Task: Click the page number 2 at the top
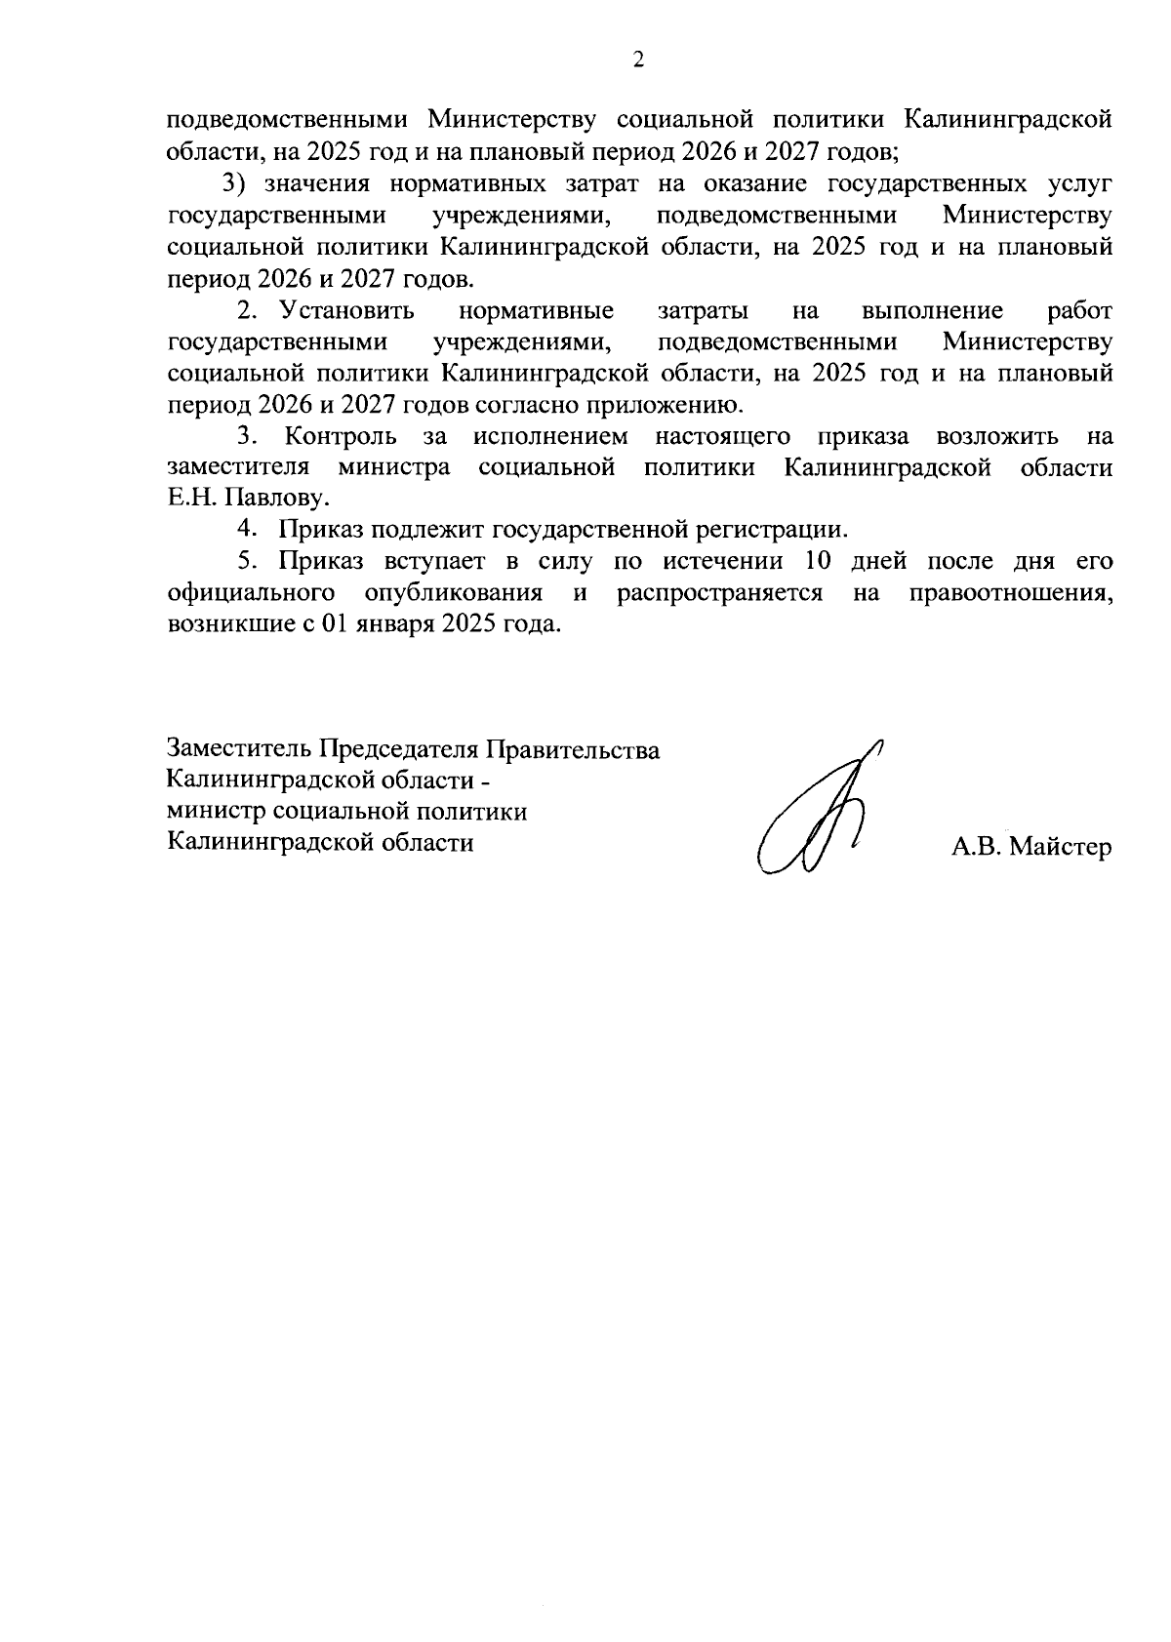[638, 60]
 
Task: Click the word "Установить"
[347, 311]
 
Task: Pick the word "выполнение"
[933, 311]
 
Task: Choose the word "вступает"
[435, 561]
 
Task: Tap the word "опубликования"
[453, 592]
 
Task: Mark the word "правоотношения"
[1010, 592]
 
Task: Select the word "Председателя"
[398, 749]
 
